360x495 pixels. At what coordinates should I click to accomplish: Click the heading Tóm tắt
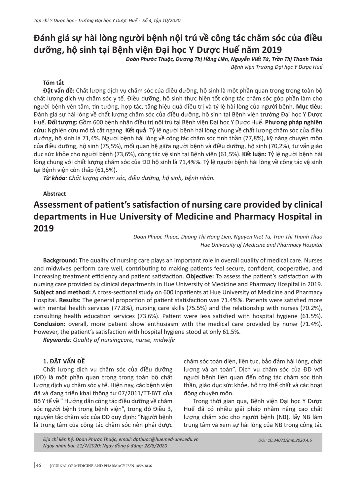(x=54, y=83)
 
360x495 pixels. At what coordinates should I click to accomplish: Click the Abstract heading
(x=54, y=194)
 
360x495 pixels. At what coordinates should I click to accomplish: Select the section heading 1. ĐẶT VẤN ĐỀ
(x=64, y=361)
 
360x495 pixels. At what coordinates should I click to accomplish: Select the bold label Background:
(x=60, y=261)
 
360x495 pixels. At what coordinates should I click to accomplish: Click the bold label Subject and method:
(x=62, y=292)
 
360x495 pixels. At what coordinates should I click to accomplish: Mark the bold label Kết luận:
(x=254, y=154)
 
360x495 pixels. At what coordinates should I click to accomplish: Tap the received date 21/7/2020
(x=83, y=445)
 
